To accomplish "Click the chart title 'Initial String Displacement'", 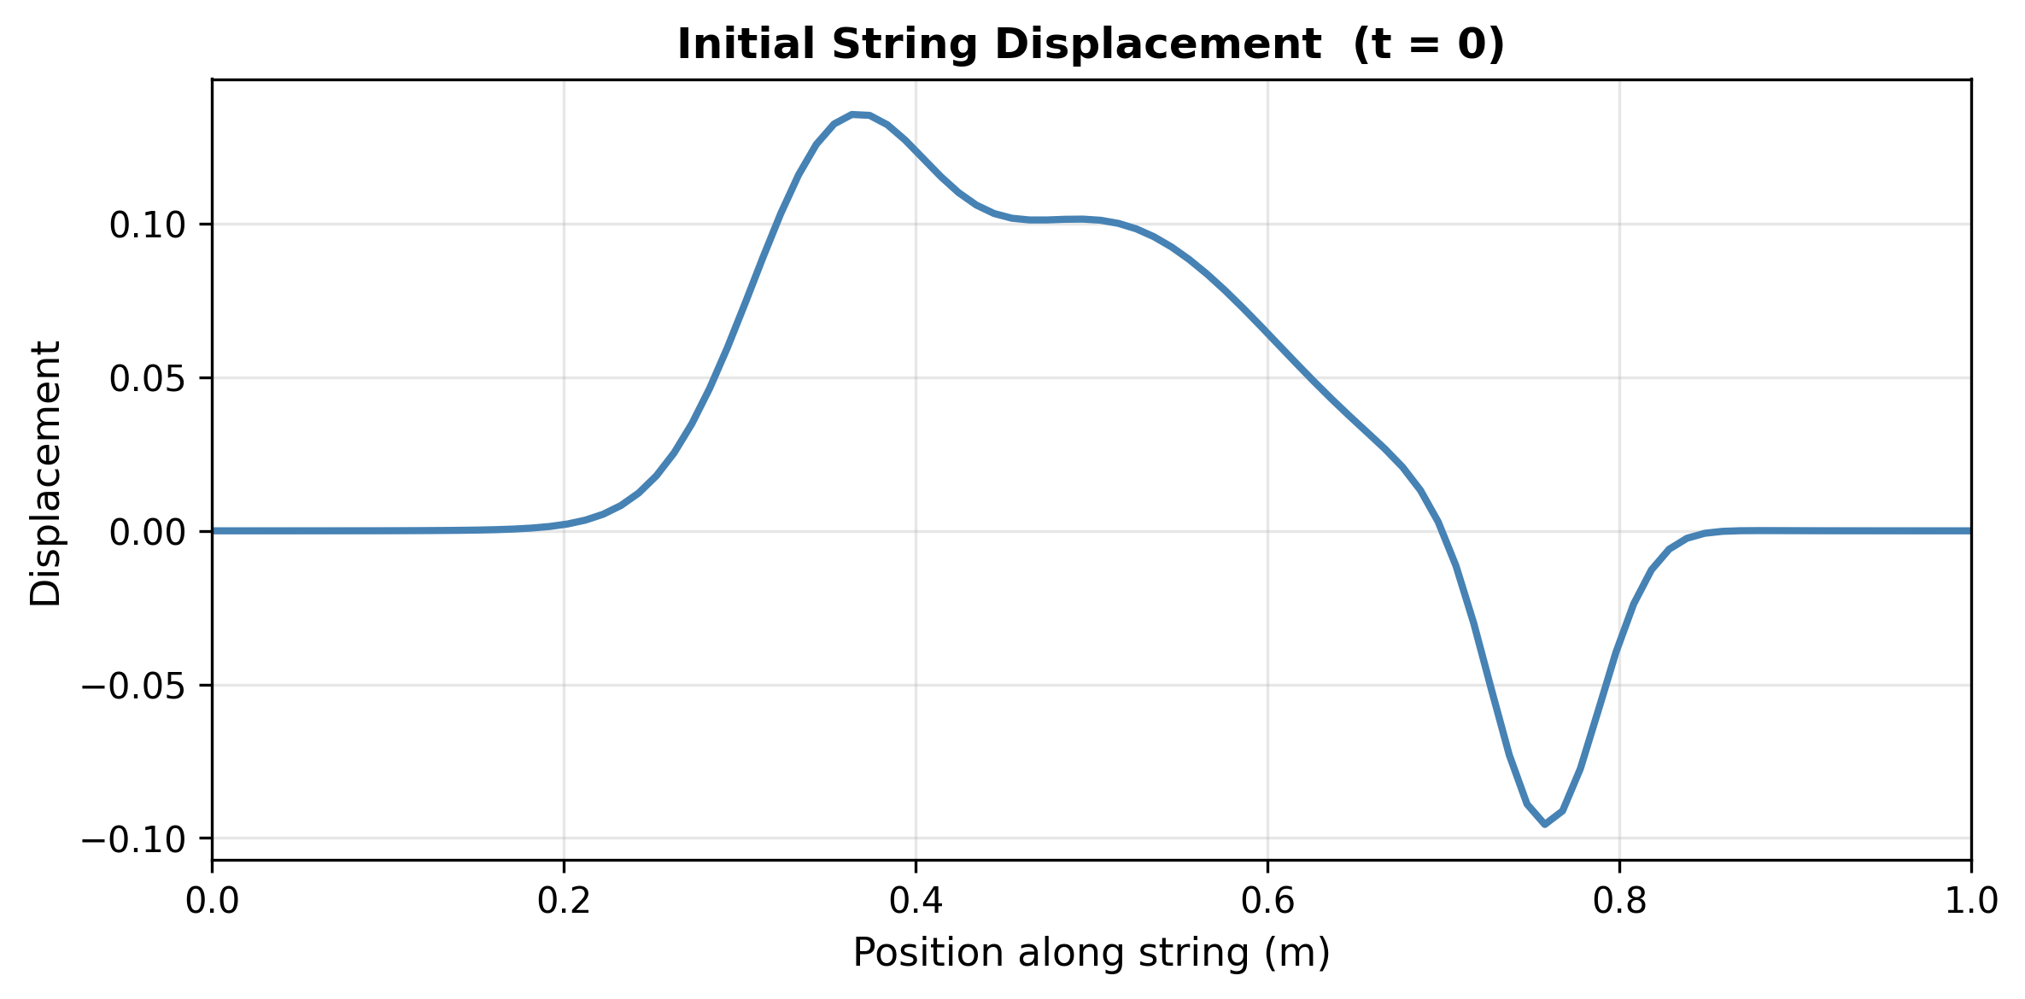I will click(999, 44).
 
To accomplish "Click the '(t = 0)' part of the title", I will click(1429, 44).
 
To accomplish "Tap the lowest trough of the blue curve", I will click(1544, 823).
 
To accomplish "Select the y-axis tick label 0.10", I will click(148, 225).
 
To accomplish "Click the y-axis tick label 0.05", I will click(148, 378).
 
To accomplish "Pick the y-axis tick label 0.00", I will click(148, 532).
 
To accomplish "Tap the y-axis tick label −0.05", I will click(133, 686).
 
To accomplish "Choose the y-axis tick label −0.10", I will click(133, 839).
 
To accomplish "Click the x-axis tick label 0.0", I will click(212, 902).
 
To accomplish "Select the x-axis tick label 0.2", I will click(564, 902).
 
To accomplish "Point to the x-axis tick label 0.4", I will click(916, 902).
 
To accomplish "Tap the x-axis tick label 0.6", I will click(1267, 902).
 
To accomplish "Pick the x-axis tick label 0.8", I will click(1619, 902).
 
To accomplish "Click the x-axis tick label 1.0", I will click(1970, 902).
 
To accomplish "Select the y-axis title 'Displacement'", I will click(46, 474).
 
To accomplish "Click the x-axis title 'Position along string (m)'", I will click(1092, 953).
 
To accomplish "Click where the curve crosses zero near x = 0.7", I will click(1443, 531).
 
